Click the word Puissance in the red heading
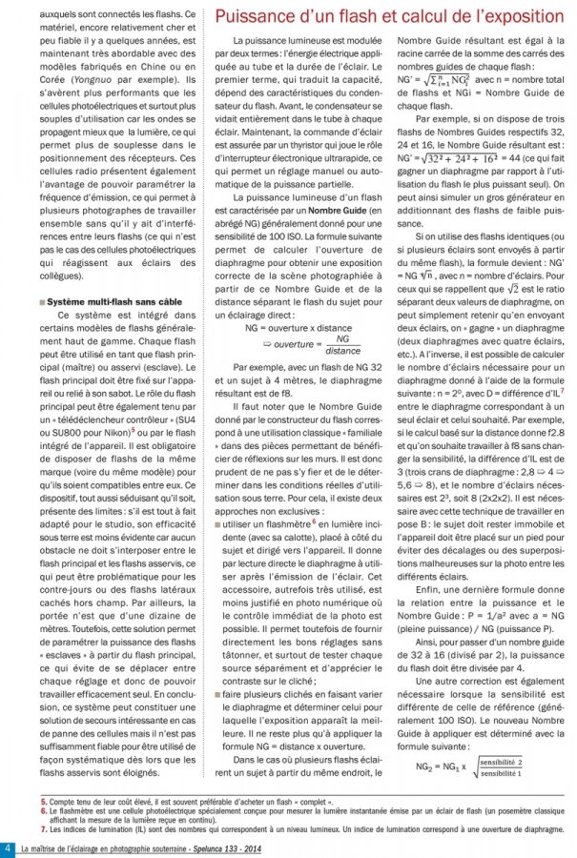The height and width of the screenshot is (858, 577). [x=253, y=16]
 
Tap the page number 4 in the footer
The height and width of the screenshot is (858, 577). [x=9, y=848]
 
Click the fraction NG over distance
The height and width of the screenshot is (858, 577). [x=315, y=347]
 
